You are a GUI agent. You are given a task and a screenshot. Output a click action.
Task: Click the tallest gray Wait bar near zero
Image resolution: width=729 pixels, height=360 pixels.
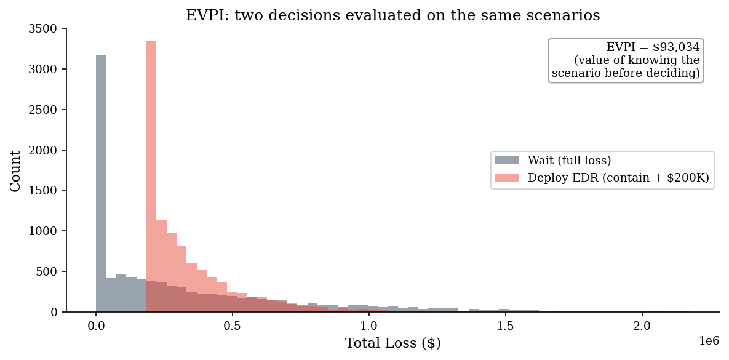tap(101, 183)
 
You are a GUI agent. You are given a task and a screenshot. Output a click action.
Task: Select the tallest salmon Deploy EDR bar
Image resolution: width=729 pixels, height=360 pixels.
tap(151, 176)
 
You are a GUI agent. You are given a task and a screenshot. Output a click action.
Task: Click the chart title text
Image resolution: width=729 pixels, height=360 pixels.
tap(393, 15)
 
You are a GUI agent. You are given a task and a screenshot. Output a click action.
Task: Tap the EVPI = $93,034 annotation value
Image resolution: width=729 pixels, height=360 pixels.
tap(653, 47)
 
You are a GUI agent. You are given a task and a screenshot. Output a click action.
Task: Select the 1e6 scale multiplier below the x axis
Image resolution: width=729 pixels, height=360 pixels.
tap(709, 341)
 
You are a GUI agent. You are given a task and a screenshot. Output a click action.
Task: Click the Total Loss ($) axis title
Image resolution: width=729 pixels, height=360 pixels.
tap(393, 344)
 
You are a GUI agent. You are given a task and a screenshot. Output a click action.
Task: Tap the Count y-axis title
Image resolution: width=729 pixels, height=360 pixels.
tap(15, 170)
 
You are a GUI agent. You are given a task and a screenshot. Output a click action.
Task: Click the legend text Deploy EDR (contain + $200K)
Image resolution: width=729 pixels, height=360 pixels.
tap(618, 178)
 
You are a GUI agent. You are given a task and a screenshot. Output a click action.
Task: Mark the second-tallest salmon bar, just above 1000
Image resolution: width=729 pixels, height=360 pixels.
tap(161, 266)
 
